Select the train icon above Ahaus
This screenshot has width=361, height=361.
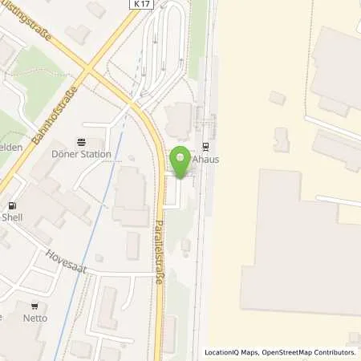point(206,146)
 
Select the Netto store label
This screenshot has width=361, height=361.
point(35,318)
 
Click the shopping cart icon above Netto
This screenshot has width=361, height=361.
point(35,306)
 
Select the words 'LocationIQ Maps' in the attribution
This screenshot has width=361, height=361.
point(234,353)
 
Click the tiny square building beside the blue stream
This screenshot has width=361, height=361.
point(99,258)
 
